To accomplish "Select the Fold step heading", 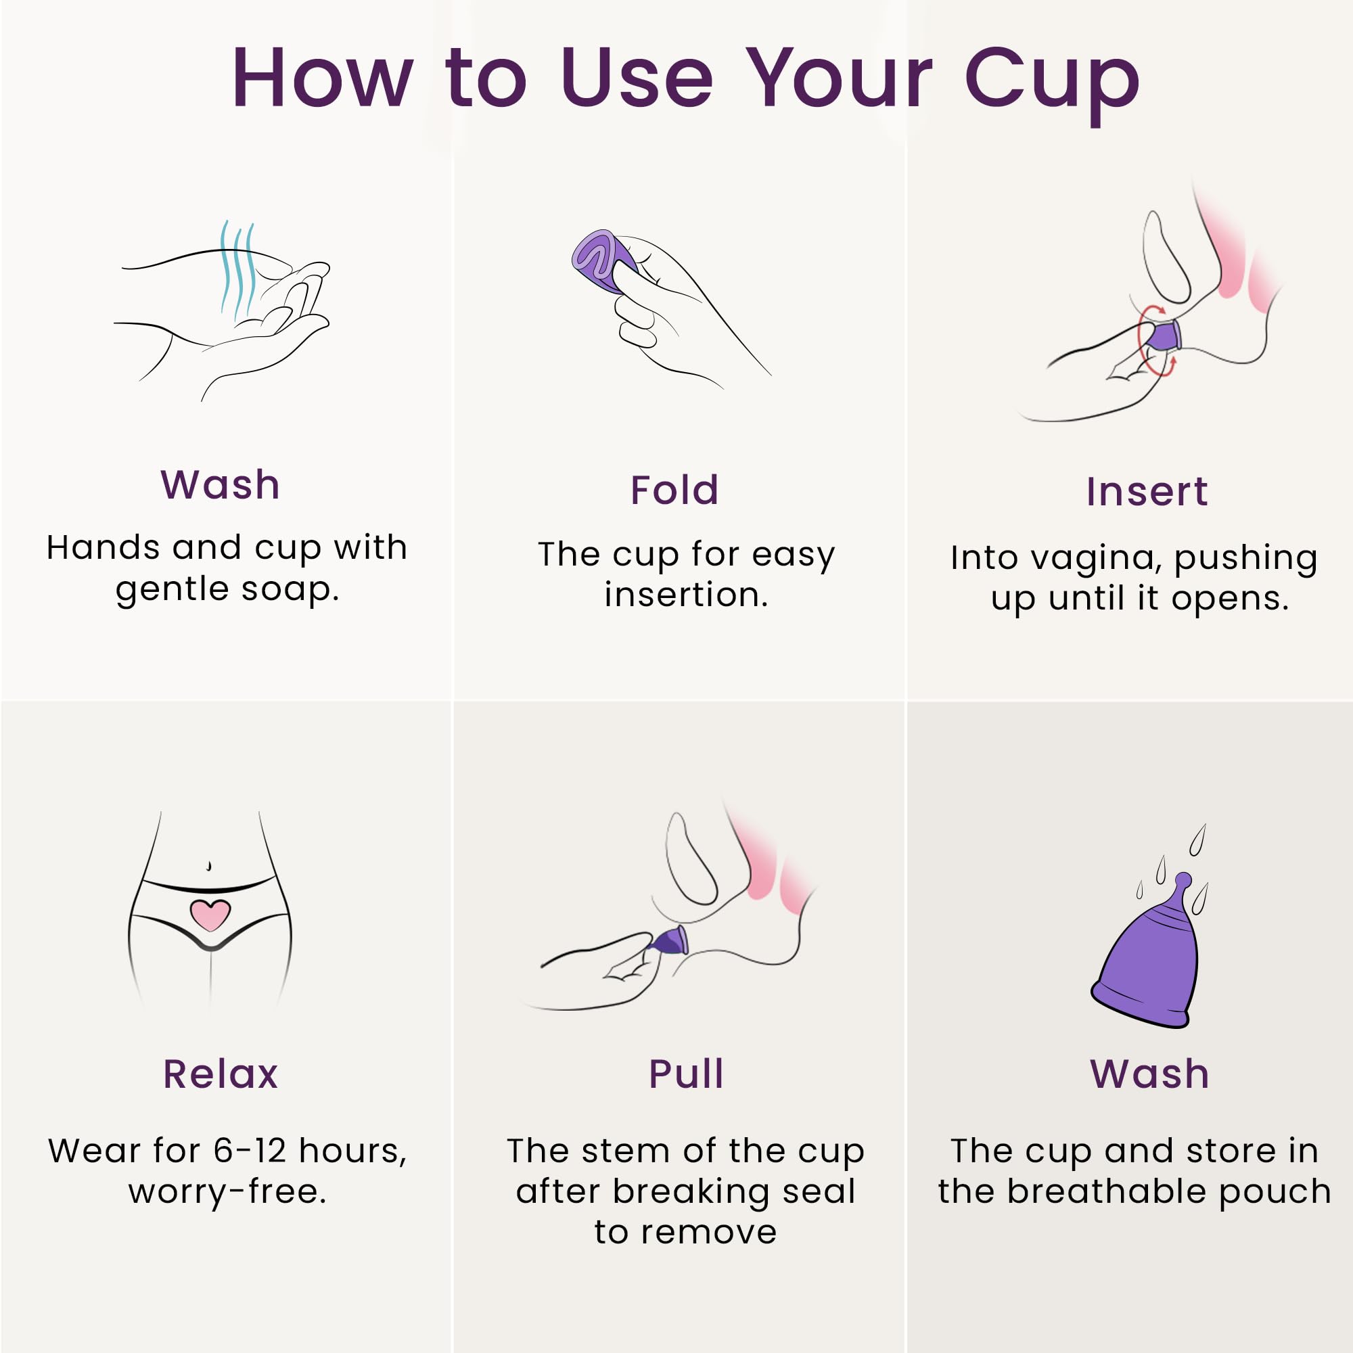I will pos(674,490).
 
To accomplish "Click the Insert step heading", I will pos(1147,492).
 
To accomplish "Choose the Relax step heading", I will pos(221,1074).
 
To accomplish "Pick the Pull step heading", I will pos(685,1074).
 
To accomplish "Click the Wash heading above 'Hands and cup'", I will pos(221,484).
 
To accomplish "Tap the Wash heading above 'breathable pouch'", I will pos(1150,1074).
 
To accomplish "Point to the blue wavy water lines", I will pos(237,270).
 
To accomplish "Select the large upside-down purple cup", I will pos(1149,967).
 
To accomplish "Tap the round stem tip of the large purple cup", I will pos(1183,879).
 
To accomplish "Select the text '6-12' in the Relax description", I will pos(250,1151).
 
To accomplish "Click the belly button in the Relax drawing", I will pos(208,867).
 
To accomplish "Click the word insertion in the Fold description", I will pos(685,595).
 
